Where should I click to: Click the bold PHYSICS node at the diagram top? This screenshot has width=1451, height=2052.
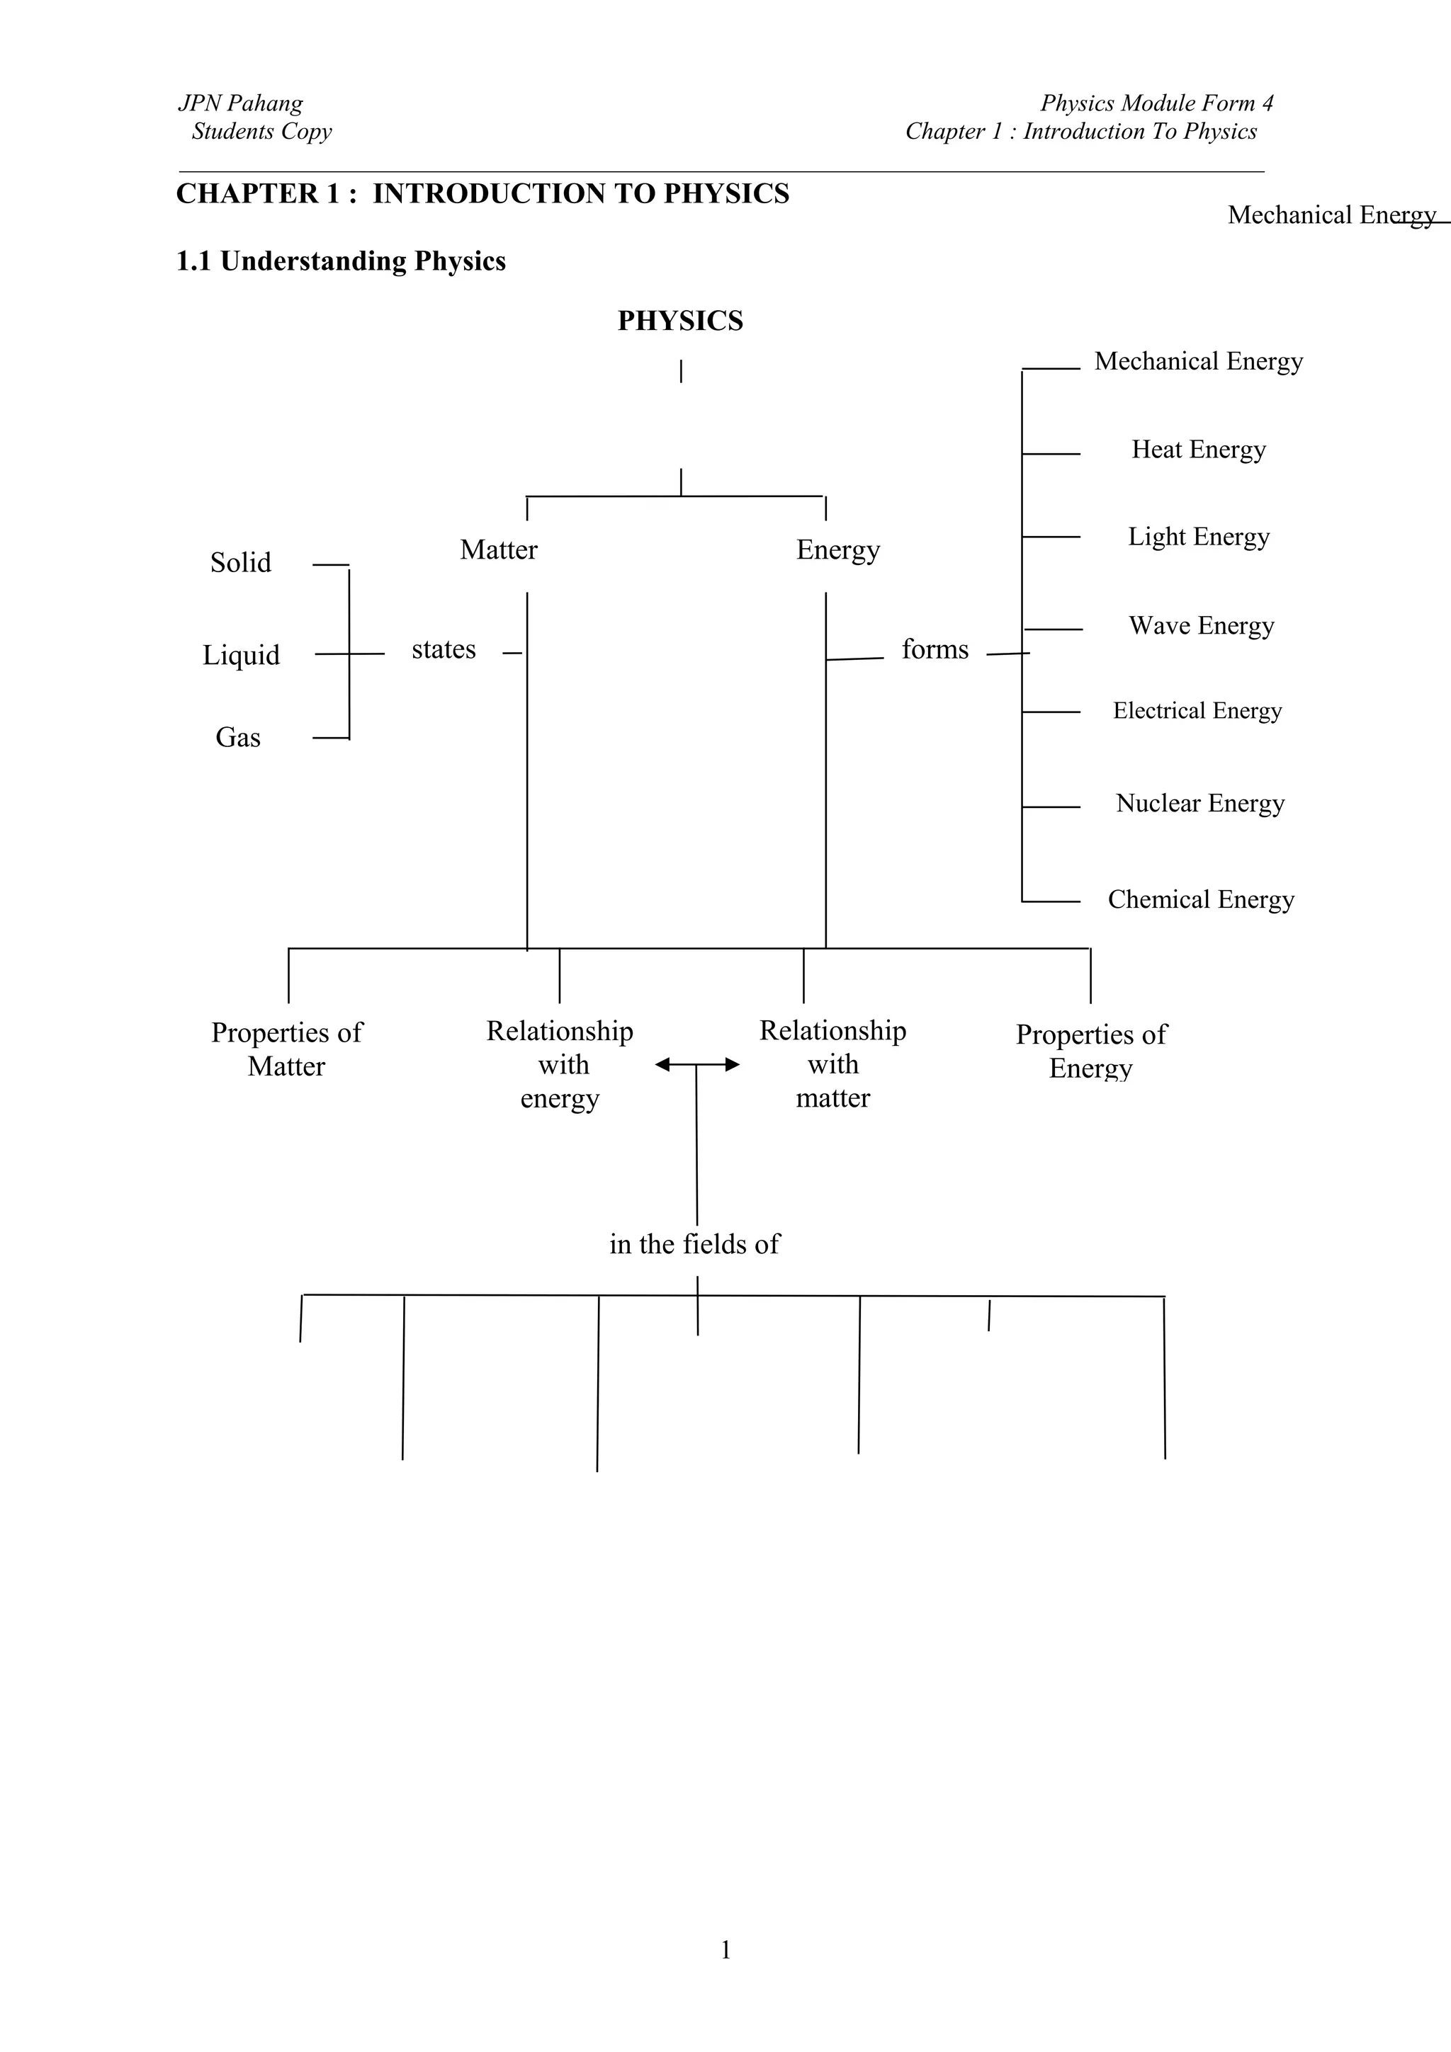point(679,321)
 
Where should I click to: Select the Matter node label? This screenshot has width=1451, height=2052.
point(498,549)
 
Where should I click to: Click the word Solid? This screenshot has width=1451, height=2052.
point(240,563)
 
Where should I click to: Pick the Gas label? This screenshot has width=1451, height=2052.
point(238,737)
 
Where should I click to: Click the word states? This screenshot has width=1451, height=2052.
point(444,650)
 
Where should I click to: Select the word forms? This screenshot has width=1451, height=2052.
point(935,650)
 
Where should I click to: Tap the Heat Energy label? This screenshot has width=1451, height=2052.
point(1198,450)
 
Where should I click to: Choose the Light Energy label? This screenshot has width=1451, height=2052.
point(1198,537)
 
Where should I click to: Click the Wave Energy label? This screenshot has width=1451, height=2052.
point(1201,626)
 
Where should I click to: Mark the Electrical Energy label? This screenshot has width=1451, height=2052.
point(1197,712)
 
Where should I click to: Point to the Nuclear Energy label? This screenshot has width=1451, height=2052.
point(1199,804)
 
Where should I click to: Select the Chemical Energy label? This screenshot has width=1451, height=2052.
point(1201,900)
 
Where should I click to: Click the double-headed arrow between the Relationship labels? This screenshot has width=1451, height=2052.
point(697,1064)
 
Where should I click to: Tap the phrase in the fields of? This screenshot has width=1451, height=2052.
point(694,1244)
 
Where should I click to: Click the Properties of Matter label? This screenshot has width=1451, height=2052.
point(286,1049)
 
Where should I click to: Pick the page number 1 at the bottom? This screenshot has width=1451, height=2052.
point(725,1949)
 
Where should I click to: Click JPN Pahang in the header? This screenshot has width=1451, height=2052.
point(240,103)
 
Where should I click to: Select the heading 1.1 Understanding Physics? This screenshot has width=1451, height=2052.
point(341,262)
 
